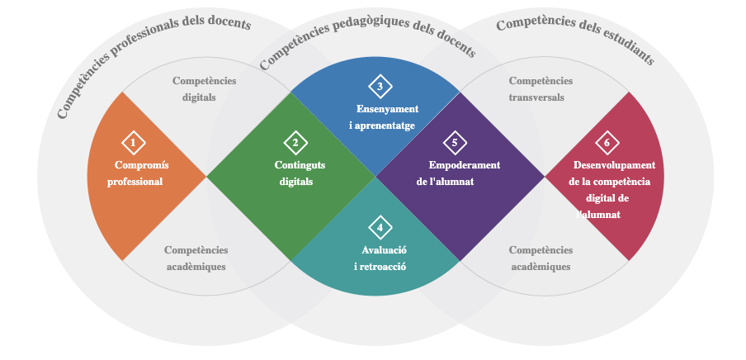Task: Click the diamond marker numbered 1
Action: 133,143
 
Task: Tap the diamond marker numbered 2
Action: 295,143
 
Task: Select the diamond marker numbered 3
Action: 380,86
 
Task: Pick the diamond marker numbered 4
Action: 380,228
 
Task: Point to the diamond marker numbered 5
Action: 455,143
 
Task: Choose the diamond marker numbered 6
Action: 607,143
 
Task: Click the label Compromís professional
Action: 137,173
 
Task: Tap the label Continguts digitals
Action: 298,173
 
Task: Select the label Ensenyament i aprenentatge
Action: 384,117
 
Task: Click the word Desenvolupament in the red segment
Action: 614,165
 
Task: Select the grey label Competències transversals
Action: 540,88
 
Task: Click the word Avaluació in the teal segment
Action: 385,249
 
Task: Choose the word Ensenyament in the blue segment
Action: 388,109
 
